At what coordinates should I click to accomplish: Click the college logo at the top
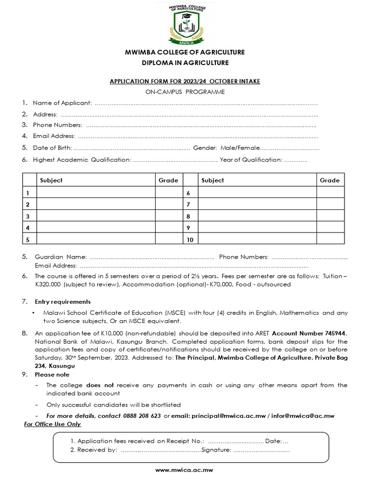185,24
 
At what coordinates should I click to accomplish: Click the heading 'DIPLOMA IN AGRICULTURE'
185,63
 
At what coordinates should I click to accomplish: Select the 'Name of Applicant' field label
62,103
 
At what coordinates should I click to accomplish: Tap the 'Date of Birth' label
53,148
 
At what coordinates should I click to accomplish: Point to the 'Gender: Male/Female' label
226,148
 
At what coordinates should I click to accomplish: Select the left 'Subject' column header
51,181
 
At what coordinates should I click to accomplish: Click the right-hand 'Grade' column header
330,181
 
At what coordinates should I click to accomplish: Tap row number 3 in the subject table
28,216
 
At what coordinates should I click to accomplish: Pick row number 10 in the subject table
190,239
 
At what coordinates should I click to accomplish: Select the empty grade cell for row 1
168,193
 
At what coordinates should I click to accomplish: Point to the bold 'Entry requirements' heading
63,302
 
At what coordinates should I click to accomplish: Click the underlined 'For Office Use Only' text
53,424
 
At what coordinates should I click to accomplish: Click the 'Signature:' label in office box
216,450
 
